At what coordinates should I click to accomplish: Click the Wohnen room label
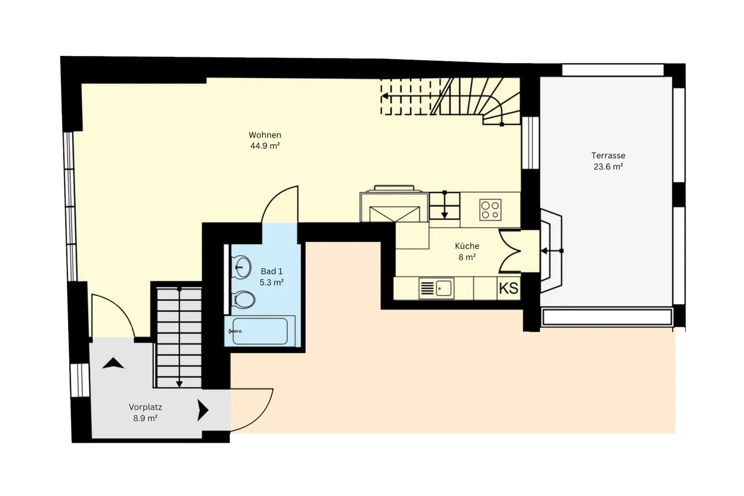click(x=265, y=135)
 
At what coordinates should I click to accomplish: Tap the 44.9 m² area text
click(x=265, y=146)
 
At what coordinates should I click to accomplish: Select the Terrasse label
click(x=608, y=156)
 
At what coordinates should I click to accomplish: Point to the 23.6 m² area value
click(x=608, y=167)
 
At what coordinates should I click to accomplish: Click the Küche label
click(x=467, y=246)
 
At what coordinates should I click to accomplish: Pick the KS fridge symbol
click(x=508, y=288)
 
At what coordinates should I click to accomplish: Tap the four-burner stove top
click(x=490, y=210)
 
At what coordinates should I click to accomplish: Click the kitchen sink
click(x=444, y=288)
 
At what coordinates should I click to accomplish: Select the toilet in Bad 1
click(x=244, y=300)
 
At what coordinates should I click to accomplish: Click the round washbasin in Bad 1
click(x=242, y=267)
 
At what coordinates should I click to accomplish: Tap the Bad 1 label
click(x=271, y=271)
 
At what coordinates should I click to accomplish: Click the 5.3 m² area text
click(x=271, y=283)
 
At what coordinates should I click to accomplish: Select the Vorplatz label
click(x=145, y=407)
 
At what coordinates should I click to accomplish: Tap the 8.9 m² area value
click(x=145, y=419)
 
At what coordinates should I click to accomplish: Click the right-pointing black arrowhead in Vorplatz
click(x=203, y=411)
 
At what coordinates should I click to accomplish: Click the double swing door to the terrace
click(x=510, y=251)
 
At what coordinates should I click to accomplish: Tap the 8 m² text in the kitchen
click(x=467, y=257)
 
